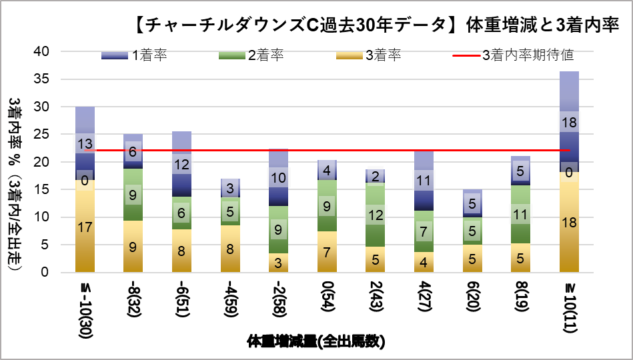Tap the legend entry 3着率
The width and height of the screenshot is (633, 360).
383,55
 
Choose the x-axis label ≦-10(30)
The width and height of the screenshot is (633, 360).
85,308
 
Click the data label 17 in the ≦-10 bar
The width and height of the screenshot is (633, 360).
85,227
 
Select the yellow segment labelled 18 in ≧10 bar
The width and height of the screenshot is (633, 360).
569,222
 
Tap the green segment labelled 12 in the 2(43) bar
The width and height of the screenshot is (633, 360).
376,215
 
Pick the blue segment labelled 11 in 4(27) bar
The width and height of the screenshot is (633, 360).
424,181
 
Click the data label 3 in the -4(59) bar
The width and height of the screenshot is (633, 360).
230,188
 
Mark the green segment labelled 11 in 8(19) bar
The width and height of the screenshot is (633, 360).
520,215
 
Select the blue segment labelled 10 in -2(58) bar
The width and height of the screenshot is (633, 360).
278,178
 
